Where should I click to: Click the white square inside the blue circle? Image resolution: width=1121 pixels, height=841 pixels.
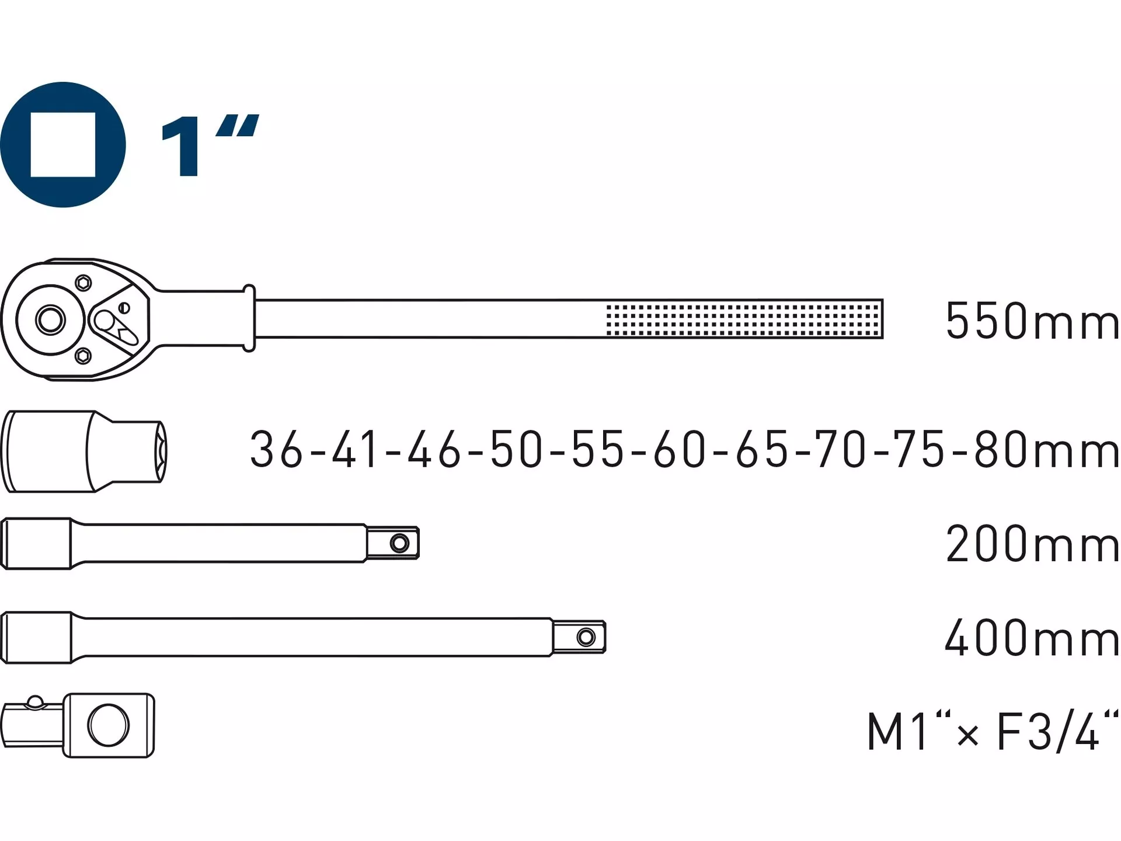pyautogui.click(x=63, y=144)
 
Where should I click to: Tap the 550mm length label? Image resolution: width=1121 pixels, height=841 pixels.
pyautogui.click(x=1032, y=321)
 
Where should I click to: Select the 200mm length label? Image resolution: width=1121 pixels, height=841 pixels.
pyautogui.click(x=1032, y=544)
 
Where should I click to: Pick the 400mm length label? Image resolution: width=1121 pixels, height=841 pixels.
pyautogui.click(x=1032, y=637)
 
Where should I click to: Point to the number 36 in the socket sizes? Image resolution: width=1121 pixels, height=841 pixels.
pyautogui.click(x=277, y=449)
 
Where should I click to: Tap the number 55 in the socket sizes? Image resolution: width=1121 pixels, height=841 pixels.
pyautogui.click(x=598, y=449)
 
